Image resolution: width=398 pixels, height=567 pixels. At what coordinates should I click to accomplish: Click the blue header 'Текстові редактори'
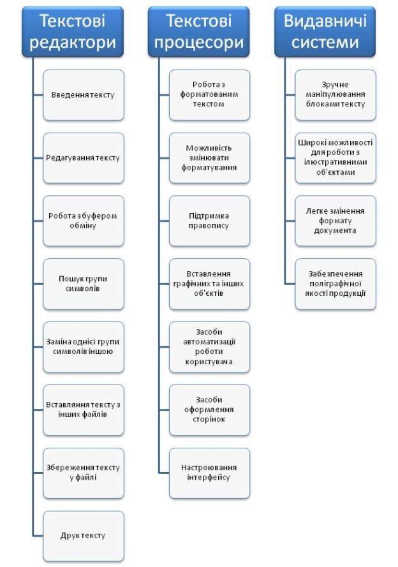click(x=73, y=32)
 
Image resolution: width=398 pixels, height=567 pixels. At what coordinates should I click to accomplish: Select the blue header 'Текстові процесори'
click(x=199, y=32)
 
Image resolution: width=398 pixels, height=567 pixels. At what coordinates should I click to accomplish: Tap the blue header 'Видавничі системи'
click(x=325, y=32)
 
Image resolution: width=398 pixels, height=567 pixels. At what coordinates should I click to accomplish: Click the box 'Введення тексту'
click(x=84, y=95)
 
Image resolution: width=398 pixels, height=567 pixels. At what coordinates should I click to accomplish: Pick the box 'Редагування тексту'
click(x=84, y=158)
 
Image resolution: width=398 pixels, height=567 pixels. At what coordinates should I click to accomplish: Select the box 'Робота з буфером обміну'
click(x=84, y=221)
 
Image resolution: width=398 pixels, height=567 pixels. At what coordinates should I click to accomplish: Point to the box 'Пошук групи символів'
click(x=84, y=284)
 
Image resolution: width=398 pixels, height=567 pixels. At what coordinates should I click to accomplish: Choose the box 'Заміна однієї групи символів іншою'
click(x=84, y=347)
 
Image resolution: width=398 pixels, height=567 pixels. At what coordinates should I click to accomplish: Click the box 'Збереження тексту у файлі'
click(x=84, y=473)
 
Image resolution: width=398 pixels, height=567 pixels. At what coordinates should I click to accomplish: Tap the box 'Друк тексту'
click(x=84, y=536)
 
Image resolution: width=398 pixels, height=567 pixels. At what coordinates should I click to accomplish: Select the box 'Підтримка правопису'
click(x=210, y=221)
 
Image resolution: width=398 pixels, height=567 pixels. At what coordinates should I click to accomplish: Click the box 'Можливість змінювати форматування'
click(x=210, y=158)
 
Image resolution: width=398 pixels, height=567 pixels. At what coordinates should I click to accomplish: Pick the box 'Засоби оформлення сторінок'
click(x=210, y=410)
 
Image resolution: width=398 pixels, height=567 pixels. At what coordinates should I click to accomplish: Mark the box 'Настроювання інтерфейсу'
click(x=210, y=473)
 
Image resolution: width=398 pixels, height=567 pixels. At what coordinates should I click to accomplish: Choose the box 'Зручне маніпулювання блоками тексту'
click(x=335, y=95)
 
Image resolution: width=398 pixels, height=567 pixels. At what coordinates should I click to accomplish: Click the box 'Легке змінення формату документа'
click(x=335, y=221)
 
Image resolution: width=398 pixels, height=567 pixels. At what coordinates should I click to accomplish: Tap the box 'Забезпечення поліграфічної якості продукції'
click(x=335, y=284)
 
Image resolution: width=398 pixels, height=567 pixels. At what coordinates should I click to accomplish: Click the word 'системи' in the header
click(x=325, y=42)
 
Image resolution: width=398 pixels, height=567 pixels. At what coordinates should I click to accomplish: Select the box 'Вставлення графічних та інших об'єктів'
click(x=210, y=284)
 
